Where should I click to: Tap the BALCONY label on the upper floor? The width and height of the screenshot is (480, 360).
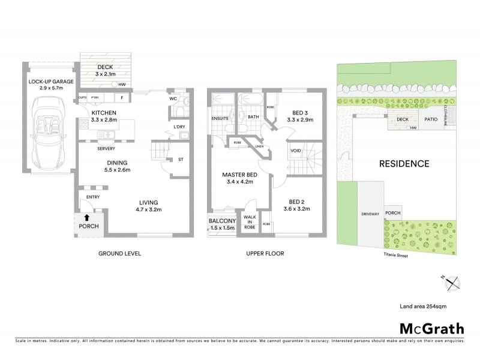[x=222, y=225]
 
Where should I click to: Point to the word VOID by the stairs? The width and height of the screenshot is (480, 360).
[x=295, y=151]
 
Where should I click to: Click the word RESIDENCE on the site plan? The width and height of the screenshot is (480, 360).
[x=403, y=163]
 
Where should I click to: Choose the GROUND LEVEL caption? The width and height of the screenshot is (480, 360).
[x=119, y=254]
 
